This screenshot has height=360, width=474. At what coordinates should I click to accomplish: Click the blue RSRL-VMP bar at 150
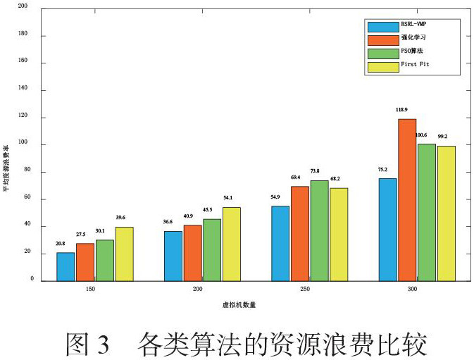tap(66, 266)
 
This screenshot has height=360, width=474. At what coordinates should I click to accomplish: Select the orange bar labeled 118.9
tap(406, 199)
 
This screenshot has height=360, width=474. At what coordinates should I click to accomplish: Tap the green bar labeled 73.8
tap(319, 230)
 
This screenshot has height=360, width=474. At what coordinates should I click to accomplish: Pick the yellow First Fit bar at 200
tap(231, 244)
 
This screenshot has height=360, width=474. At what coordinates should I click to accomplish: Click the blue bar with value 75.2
tap(387, 229)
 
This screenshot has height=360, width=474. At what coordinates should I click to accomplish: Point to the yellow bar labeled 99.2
tap(446, 213)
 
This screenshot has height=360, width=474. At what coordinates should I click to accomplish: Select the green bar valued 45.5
tap(212, 249)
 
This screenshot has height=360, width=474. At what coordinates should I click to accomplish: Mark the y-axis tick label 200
tap(23, 8)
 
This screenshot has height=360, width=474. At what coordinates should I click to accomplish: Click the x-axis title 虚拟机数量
tap(236, 304)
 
